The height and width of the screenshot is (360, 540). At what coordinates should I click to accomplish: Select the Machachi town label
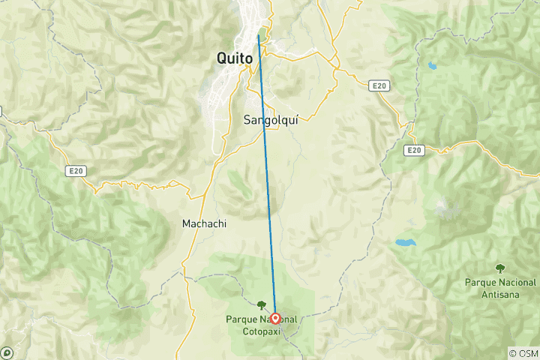(x=204, y=223)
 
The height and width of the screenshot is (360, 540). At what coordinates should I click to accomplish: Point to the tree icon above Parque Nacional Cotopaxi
(x=261, y=305)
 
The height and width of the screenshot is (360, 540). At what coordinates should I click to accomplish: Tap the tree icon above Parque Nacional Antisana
(x=499, y=268)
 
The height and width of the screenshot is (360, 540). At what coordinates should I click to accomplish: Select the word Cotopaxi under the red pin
(x=262, y=331)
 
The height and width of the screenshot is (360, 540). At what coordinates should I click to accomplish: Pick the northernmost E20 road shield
(x=379, y=87)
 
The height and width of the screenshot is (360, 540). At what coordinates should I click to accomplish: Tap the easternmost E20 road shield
(x=412, y=151)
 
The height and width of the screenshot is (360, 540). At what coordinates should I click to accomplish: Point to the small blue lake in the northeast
(x=431, y=65)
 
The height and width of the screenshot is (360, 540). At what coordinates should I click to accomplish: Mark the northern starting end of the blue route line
(x=259, y=34)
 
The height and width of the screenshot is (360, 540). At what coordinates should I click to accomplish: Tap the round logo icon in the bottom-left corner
(x=7, y=352)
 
